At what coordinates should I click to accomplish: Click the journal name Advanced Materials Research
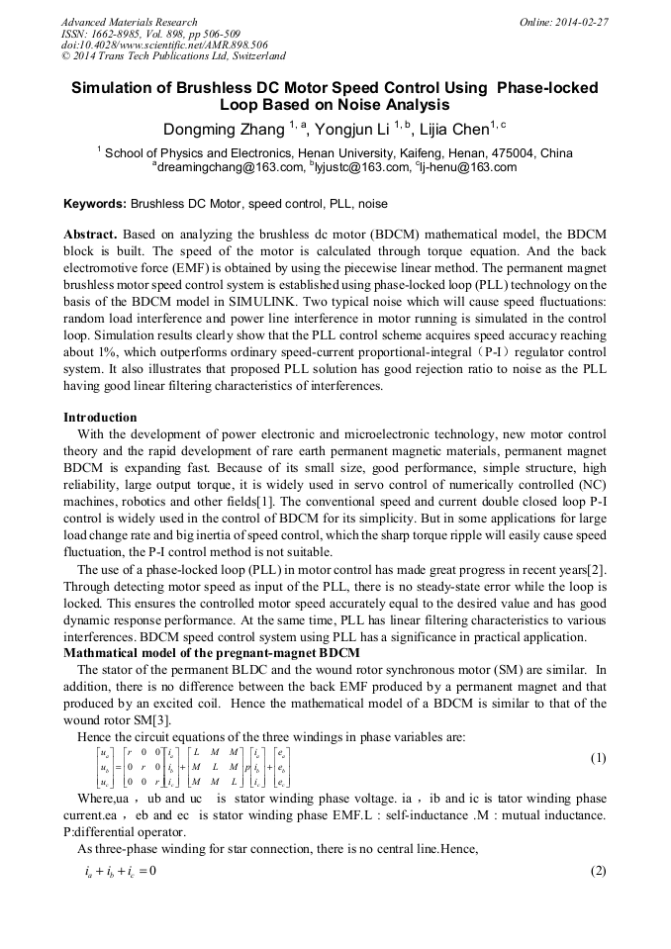click(x=129, y=22)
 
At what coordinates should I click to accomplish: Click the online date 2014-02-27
click(x=574, y=22)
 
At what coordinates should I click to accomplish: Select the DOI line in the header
click(x=164, y=45)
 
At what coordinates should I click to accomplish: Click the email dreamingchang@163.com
click(x=230, y=168)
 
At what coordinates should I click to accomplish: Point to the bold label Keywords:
click(x=95, y=204)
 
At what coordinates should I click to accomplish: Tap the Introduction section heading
click(x=100, y=418)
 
